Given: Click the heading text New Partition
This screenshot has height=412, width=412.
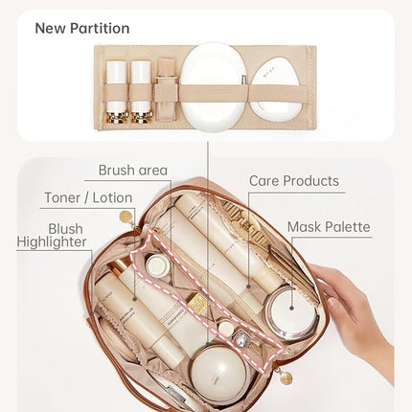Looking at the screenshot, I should coord(82,28).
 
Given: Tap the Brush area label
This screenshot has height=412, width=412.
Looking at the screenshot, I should coord(133,171).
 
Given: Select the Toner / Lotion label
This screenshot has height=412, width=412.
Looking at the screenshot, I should coord(89,198).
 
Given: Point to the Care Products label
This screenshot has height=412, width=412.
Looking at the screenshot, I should coord(294,180).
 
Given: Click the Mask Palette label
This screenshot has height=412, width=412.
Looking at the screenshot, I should coord(329,227).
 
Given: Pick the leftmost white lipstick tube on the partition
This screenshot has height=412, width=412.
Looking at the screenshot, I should coord(117,91).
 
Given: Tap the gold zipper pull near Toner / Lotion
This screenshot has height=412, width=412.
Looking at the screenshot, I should coord(126,217).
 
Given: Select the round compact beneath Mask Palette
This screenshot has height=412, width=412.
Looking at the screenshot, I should coord(290,312).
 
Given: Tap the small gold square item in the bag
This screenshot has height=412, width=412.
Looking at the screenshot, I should coord(197,304).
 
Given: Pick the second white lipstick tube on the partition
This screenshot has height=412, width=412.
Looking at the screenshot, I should coord(141,91).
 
